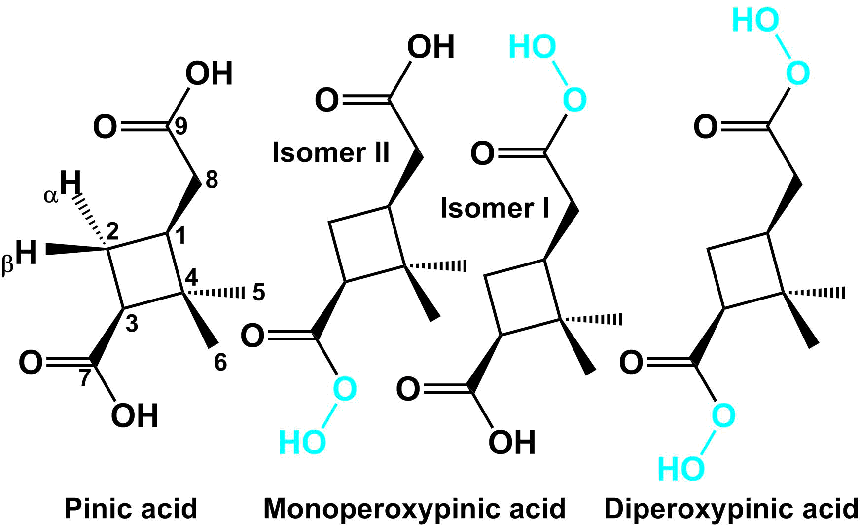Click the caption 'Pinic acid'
tap(131, 508)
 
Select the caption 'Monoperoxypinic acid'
tap(414, 508)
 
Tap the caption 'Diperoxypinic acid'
tap(732, 508)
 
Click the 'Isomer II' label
tap(331, 152)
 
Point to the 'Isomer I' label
tap(495, 208)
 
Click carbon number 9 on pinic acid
tap(181, 126)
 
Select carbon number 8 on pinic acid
tap(212, 180)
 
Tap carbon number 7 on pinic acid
tap(85, 378)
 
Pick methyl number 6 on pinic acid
tap(220, 363)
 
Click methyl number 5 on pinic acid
tap(259, 293)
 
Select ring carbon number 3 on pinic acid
tap(132, 324)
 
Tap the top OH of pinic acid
tap(209, 74)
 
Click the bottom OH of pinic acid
tap(134, 415)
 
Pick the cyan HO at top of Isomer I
tap(532, 47)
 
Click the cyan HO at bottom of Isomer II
tap(302, 442)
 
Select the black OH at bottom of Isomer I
tap(512, 442)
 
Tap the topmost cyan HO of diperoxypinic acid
tap(755, 21)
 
